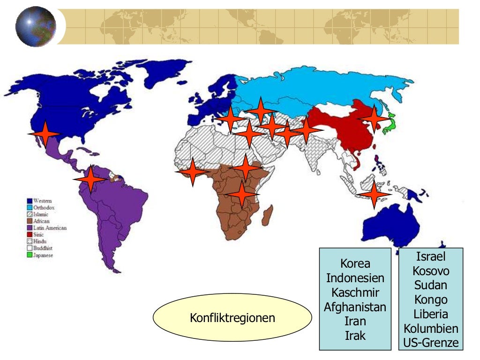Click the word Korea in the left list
click(x=355, y=263)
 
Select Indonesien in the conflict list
click(x=355, y=278)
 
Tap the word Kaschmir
click(x=355, y=292)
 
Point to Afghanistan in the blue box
click(x=355, y=307)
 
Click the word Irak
click(x=355, y=336)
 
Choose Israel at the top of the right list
click(x=431, y=256)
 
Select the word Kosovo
click(x=431, y=271)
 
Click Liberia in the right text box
click(x=431, y=314)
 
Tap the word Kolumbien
click(x=431, y=328)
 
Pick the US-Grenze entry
click(x=431, y=343)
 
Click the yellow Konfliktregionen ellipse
click(x=232, y=318)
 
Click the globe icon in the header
click(x=36, y=26)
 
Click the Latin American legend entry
click(x=49, y=228)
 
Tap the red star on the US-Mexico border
click(x=45, y=135)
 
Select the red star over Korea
click(x=374, y=118)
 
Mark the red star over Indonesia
click(x=374, y=194)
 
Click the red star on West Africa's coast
click(x=192, y=172)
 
